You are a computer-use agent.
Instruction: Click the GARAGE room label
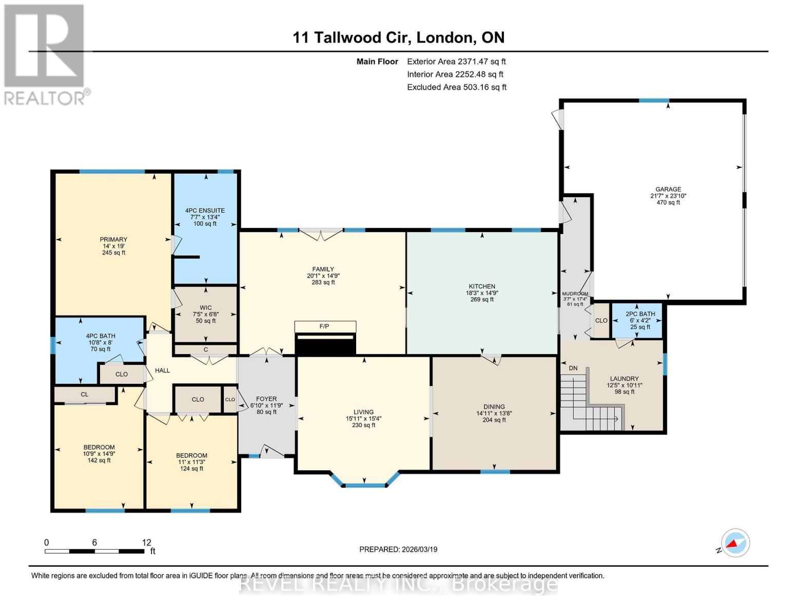click(x=668, y=189)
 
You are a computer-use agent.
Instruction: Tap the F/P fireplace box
click(x=324, y=326)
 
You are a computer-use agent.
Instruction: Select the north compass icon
click(x=735, y=543)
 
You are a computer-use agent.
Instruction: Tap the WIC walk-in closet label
click(x=205, y=308)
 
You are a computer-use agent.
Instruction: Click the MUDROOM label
click(x=575, y=294)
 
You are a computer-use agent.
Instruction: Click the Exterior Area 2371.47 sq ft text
click(x=456, y=62)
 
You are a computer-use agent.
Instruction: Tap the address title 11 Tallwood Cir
click(x=398, y=37)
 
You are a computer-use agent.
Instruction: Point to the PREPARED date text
click(x=398, y=549)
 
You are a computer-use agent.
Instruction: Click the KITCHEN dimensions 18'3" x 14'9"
click(x=481, y=293)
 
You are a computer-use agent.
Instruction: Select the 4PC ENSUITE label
click(x=205, y=210)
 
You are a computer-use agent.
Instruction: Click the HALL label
click(x=162, y=371)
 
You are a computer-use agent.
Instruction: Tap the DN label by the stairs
click(x=573, y=368)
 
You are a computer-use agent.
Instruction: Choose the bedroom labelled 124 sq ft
click(x=191, y=462)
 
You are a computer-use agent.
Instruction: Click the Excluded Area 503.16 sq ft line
click(x=456, y=87)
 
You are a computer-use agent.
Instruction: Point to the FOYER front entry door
click(x=272, y=452)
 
